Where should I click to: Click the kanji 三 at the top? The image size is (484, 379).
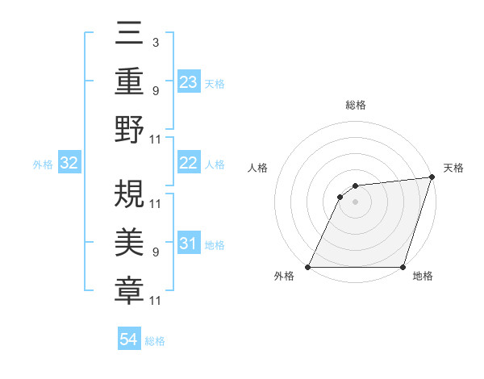click(x=129, y=34)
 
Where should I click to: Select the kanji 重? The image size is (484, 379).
click(x=129, y=81)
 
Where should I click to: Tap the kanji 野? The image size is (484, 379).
click(x=129, y=129)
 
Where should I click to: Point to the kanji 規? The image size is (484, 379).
click(x=129, y=193)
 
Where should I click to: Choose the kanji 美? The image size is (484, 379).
click(x=129, y=241)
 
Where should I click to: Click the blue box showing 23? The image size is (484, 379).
click(x=189, y=82)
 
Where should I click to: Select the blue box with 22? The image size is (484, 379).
click(x=189, y=163)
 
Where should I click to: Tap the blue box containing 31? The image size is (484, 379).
click(x=189, y=244)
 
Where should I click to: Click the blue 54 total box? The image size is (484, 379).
click(x=128, y=339)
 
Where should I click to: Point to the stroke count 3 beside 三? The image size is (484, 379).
click(x=155, y=42)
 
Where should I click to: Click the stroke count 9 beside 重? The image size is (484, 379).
click(x=155, y=90)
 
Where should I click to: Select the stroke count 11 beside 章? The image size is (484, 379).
click(x=156, y=301)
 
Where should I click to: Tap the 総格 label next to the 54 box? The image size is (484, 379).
click(x=155, y=341)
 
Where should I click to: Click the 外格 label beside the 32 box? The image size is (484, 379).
click(x=43, y=165)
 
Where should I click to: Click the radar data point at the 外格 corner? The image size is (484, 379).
click(x=308, y=266)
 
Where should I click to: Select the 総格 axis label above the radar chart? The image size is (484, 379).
click(x=355, y=105)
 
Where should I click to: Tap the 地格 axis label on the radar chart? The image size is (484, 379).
click(x=423, y=277)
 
